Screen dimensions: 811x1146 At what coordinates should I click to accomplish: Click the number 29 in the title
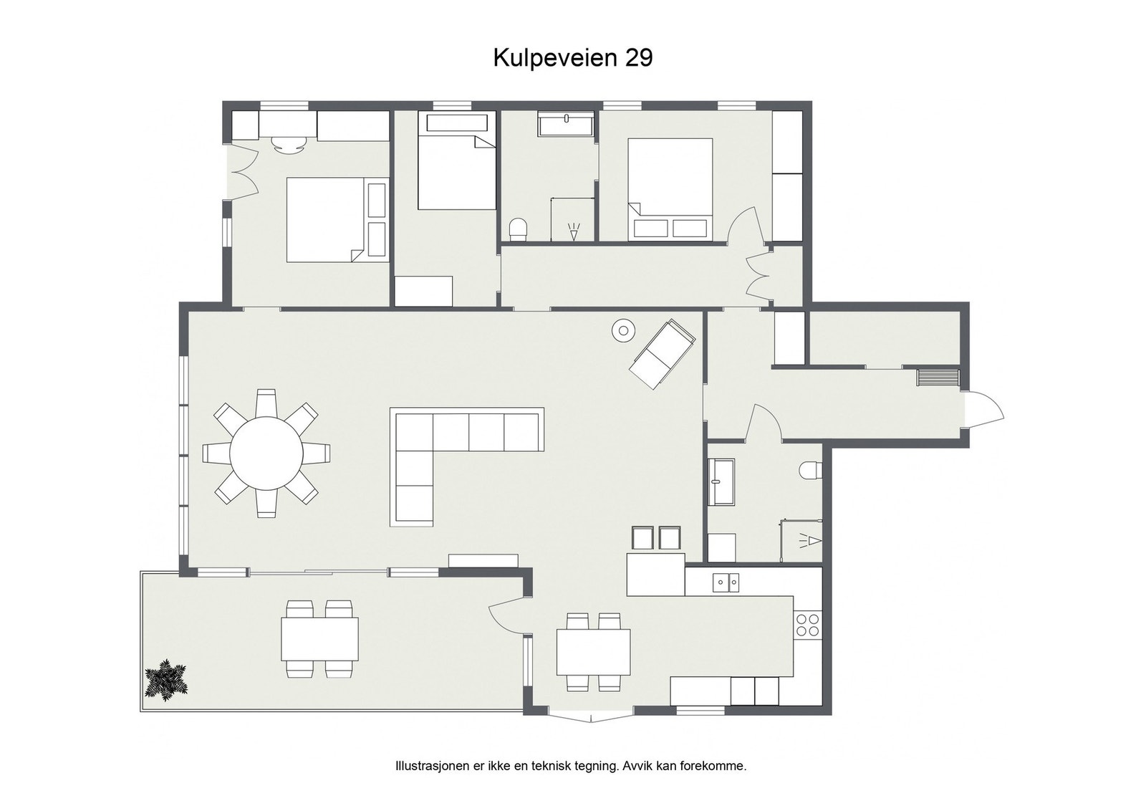coord(639,58)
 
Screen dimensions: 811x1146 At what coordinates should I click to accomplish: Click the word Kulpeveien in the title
coord(556,58)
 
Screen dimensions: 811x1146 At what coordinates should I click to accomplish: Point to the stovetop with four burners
coord(808,625)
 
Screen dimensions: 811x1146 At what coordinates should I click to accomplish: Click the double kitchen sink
coord(726,582)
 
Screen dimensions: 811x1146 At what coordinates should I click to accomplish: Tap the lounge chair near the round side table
coord(661,354)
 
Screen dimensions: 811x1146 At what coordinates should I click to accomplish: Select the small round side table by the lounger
coord(623,330)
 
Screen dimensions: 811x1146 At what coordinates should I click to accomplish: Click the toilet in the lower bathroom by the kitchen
coord(812,470)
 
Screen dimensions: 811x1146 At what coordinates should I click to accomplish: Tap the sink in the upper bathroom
coord(566,125)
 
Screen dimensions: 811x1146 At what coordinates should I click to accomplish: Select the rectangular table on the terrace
coord(319,638)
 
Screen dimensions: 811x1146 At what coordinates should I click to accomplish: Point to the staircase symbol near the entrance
coord(938,377)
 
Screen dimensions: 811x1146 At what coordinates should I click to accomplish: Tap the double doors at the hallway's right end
coord(757,277)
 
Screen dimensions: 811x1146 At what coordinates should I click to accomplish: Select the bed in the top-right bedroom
coord(670,188)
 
